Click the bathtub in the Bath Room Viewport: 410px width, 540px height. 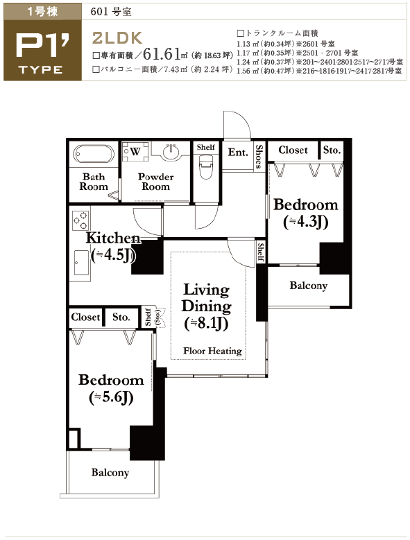94,155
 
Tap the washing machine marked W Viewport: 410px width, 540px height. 136,151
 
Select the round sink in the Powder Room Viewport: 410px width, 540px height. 171,152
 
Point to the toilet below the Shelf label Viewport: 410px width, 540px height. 205,166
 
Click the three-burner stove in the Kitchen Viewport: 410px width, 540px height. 80,220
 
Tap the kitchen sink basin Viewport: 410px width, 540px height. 81,263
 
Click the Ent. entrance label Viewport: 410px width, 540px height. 238,153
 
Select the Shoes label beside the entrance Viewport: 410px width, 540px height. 259,157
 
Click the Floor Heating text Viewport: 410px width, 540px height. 212,351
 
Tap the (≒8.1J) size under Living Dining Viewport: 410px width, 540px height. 206,324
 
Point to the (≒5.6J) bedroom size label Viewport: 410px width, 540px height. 111,397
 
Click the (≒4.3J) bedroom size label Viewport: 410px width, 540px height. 306,222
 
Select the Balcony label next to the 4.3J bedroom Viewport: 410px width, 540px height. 308,286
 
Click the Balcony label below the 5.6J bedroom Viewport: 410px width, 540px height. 110,472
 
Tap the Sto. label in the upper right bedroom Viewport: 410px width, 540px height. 332,150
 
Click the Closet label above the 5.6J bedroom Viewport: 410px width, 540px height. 85,317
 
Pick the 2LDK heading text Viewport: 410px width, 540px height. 117,38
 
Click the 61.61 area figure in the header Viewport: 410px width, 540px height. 162,53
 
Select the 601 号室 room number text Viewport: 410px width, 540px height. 111,12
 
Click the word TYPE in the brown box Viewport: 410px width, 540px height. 41,70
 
